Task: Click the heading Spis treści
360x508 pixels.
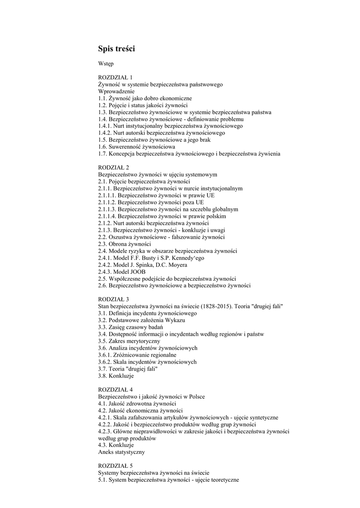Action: [x=116, y=49]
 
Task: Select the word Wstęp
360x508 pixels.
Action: [x=106, y=64]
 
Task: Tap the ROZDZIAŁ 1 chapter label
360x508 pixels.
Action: [x=116, y=78]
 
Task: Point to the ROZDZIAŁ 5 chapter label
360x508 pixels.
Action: [x=116, y=466]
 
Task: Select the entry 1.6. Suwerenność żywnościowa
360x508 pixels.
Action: [x=137, y=147]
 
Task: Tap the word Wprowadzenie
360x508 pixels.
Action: [x=116, y=92]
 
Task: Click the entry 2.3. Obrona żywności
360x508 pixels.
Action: [x=125, y=245]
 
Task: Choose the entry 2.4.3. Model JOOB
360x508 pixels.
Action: [x=125, y=272]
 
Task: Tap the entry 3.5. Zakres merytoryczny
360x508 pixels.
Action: [x=129, y=341]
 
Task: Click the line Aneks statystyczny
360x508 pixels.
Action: [x=122, y=452]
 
